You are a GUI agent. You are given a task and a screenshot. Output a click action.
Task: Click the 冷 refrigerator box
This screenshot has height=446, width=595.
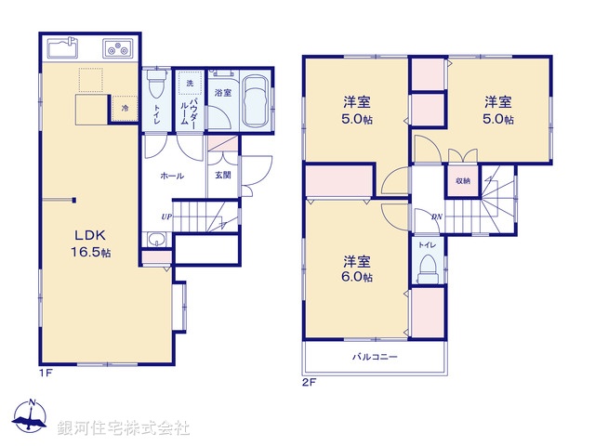[126, 109]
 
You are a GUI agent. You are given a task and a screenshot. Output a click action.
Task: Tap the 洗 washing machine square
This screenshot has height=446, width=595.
[189, 85]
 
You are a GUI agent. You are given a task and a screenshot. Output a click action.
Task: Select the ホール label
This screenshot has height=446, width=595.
[171, 176]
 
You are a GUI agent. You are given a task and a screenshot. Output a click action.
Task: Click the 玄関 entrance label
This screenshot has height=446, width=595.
[224, 176]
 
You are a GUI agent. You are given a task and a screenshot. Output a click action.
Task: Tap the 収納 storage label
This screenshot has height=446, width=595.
[463, 180]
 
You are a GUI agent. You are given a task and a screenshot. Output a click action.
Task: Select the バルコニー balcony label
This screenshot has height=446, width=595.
[375, 357]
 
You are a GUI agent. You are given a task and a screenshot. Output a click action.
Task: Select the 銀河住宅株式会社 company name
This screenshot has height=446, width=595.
[123, 427]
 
